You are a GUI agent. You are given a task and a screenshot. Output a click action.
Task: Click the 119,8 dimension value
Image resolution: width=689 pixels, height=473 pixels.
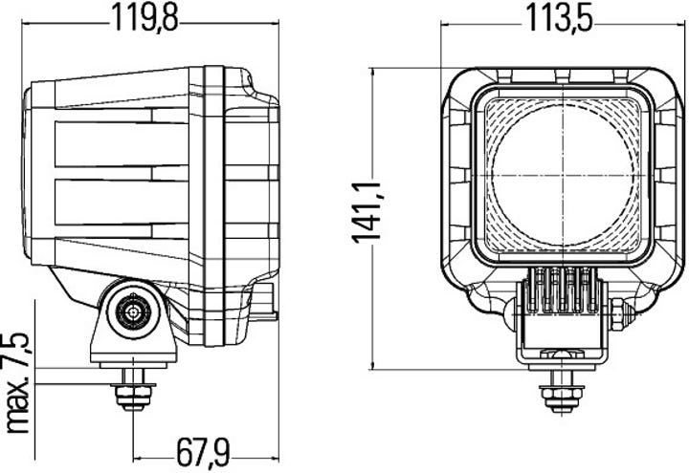[146, 18]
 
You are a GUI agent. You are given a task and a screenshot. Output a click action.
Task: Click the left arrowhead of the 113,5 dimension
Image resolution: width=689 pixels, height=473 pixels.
[446, 30]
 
